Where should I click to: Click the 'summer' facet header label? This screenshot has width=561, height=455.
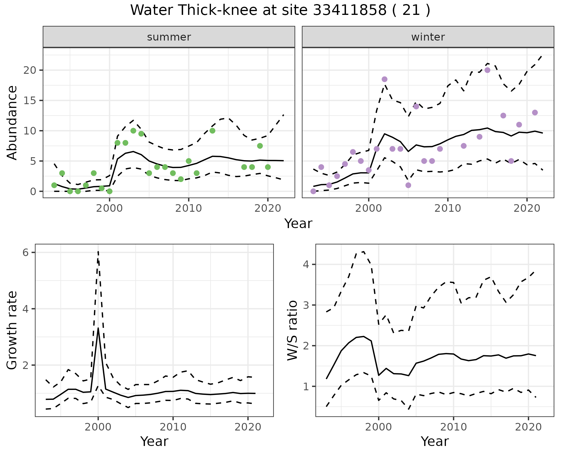pos(169,37)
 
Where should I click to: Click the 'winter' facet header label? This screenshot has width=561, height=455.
pos(428,37)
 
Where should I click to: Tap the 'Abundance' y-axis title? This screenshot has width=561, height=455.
pos(12,123)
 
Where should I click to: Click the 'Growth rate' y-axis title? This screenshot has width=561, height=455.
pos(12,330)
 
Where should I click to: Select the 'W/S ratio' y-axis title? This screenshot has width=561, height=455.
pos(292,330)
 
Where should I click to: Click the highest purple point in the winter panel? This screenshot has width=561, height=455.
pos(487,70)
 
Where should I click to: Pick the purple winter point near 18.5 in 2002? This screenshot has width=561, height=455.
pos(385,79)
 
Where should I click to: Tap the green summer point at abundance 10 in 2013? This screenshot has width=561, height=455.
pos(212,131)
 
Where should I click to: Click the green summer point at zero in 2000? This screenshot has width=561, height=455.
pos(110,191)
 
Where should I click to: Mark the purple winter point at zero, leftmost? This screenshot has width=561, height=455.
pos(313,191)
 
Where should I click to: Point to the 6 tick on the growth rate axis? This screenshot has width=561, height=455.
pos(26,253)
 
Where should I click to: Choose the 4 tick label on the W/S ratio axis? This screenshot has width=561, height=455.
pos(306,265)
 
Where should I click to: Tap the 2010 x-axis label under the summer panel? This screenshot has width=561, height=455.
pos(188,208)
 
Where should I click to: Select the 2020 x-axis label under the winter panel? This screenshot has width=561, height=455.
pos(527,208)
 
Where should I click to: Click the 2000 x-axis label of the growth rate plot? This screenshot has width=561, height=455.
pos(98,427)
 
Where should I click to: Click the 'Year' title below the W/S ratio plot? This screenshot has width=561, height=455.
pos(435,442)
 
